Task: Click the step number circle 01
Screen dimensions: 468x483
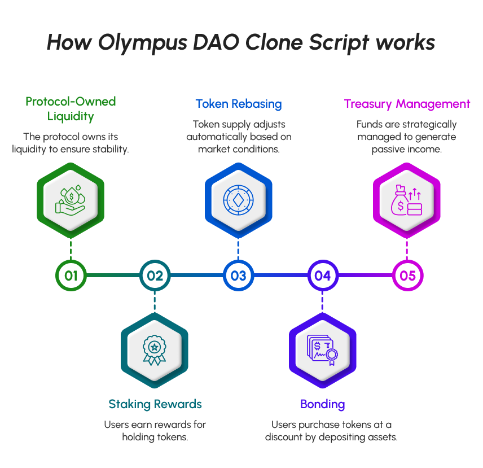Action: [x=71, y=276]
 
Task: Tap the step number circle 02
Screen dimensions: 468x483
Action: [x=155, y=276]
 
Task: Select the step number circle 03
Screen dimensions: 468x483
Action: [x=239, y=276]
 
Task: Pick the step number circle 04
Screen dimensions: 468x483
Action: [x=322, y=276]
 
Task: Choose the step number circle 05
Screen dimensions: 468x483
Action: [x=407, y=276]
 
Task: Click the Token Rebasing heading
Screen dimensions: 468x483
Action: [x=239, y=104]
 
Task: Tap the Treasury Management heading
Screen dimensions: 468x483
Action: [x=407, y=104]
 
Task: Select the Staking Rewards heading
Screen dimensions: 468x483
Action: [x=155, y=404]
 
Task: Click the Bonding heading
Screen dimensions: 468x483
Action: [x=322, y=404]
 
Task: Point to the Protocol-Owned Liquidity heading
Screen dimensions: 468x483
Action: [x=71, y=109]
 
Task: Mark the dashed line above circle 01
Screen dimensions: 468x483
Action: [x=71, y=249]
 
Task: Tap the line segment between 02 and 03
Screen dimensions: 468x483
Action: [x=196, y=276]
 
